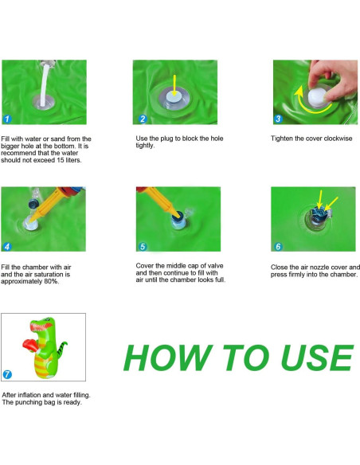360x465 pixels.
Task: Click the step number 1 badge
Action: tap(7, 119)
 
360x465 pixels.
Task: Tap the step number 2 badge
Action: tap(143, 119)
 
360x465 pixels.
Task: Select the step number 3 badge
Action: tap(278, 119)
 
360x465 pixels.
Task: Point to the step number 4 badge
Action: tap(7, 247)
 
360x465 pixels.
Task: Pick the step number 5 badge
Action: tap(143, 247)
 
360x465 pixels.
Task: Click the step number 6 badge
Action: tap(278, 247)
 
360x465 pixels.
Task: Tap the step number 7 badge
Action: tap(7, 374)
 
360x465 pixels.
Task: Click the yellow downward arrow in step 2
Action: tap(174, 85)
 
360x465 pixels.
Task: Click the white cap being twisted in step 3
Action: tap(317, 96)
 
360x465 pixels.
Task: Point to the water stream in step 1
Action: tap(45, 84)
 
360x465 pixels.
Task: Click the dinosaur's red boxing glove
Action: tap(30, 345)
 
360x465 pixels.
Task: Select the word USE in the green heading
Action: tap(317, 358)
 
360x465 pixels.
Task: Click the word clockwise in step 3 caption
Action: tap(338, 139)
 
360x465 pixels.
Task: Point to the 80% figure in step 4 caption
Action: tap(52, 281)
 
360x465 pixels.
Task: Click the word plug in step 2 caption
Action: tap(167, 139)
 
